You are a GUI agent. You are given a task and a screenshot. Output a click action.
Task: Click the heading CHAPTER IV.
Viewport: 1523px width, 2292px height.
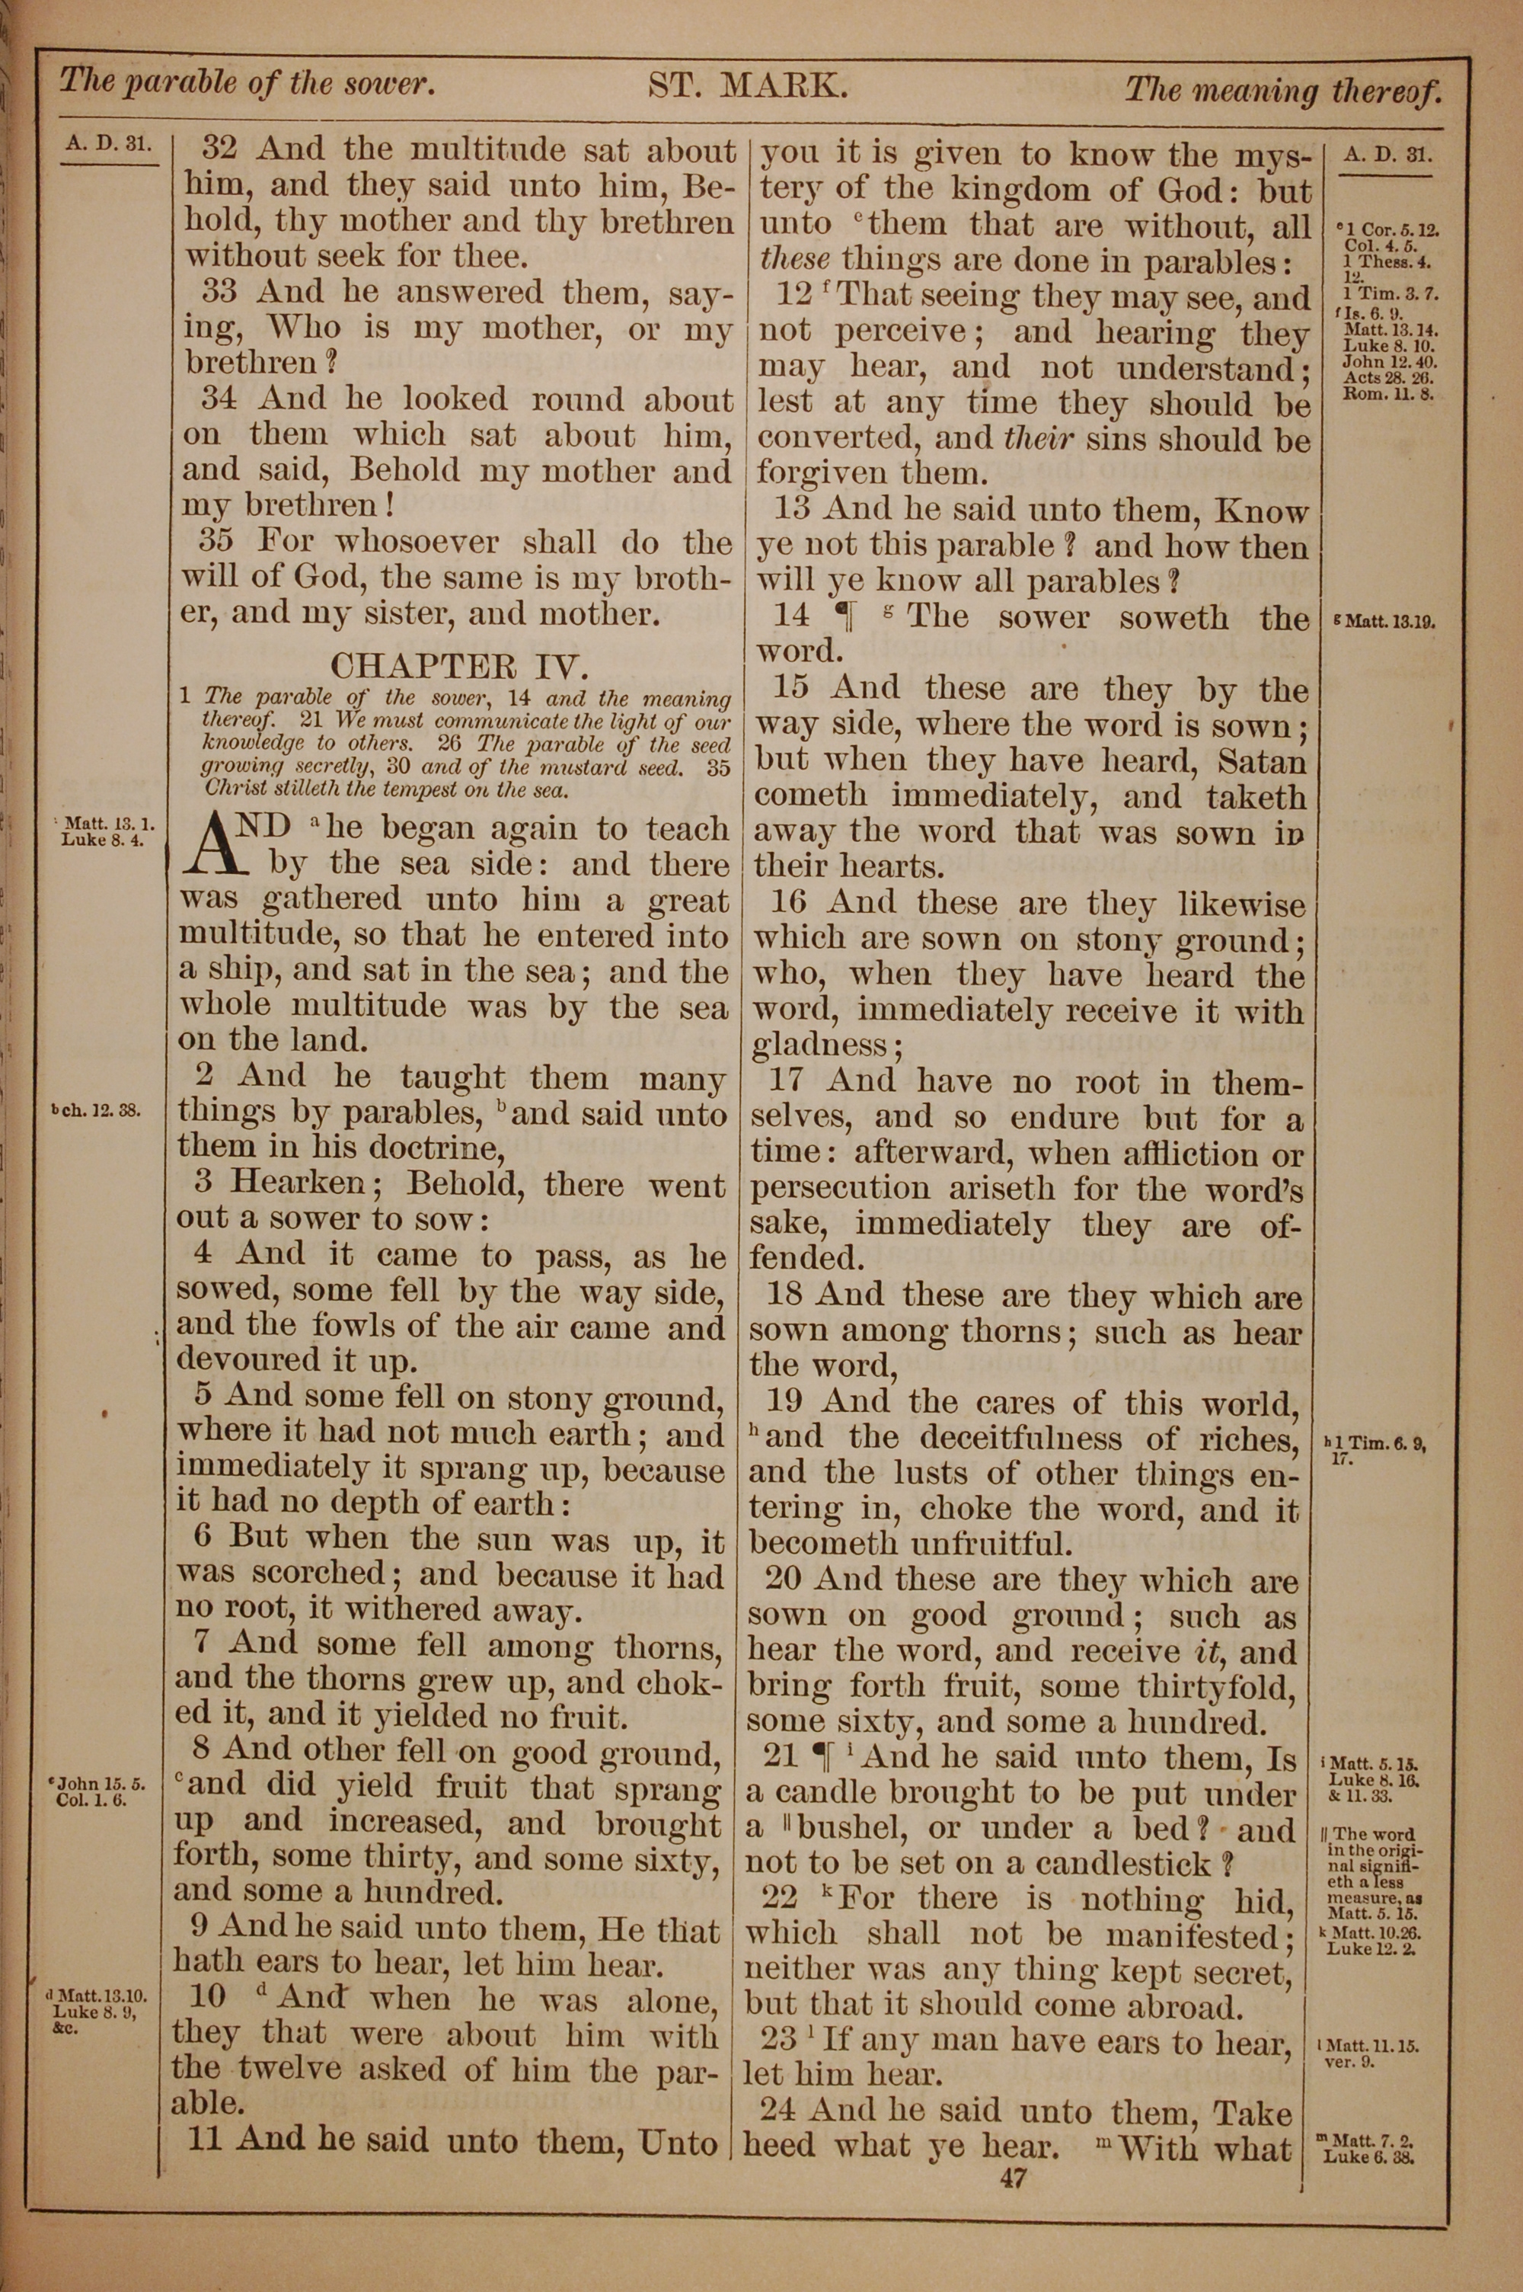pyautogui.click(x=459, y=667)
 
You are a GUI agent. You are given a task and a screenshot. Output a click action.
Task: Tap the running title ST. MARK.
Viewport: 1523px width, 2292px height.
pyautogui.click(x=748, y=88)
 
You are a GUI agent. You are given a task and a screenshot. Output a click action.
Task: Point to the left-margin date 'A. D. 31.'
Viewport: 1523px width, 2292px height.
pyautogui.click(x=107, y=144)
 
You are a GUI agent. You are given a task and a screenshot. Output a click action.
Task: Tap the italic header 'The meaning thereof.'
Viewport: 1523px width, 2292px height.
pyautogui.click(x=1282, y=91)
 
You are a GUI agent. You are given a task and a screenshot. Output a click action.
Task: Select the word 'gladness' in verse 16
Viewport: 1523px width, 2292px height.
pyautogui.click(x=820, y=1046)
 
